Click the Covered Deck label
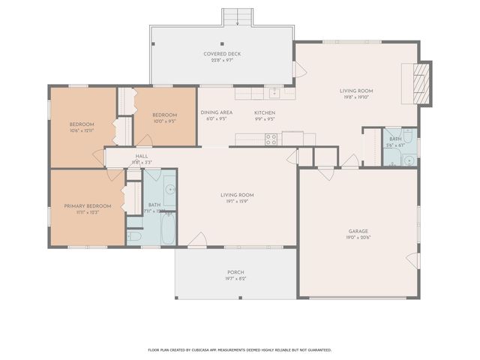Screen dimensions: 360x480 coord(222,54)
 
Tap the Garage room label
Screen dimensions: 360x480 coord(358,231)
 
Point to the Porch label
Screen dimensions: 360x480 coord(236,271)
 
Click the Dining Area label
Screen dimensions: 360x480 coord(216,112)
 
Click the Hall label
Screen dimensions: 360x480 coord(141,156)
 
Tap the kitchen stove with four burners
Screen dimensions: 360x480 coord(271,139)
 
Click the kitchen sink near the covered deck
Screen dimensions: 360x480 coord(275,93)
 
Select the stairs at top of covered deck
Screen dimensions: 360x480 coord(238,17)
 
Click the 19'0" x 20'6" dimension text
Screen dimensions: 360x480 coord(358,238)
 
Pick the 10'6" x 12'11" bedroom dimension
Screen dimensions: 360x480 coord(82,130)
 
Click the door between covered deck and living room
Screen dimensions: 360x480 coord(300,70)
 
